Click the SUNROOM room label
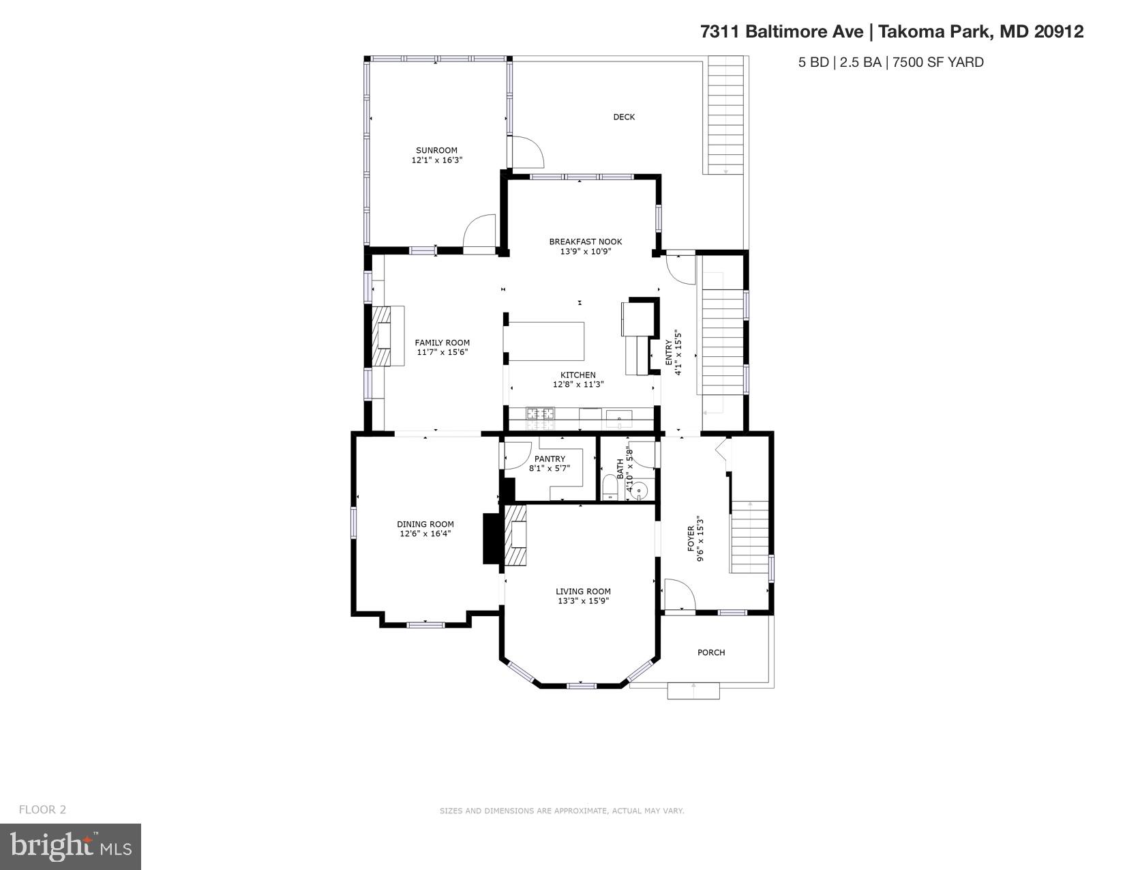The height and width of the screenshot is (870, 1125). [x=436, y=150]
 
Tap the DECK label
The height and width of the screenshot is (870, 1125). [x=623, y=117]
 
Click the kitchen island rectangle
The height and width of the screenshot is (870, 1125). [x=547, y=341]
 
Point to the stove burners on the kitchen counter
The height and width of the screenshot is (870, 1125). [x=540, y=414]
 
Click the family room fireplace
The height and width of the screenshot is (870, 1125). [x=387, y=336]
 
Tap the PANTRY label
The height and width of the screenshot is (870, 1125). [x=550, y=459]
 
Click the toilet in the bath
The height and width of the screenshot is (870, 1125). [x=610, y=489]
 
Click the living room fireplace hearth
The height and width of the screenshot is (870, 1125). [x=516, y=535]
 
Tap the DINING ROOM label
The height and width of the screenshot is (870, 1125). [x=425, y=524]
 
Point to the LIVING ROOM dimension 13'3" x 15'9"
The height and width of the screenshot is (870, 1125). [x=583, y=601]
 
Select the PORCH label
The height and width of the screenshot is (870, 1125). [x=711, y=652]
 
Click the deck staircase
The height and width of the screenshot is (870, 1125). [x=725, y=116]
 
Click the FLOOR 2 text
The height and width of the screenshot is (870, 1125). [x=42, y=809]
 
